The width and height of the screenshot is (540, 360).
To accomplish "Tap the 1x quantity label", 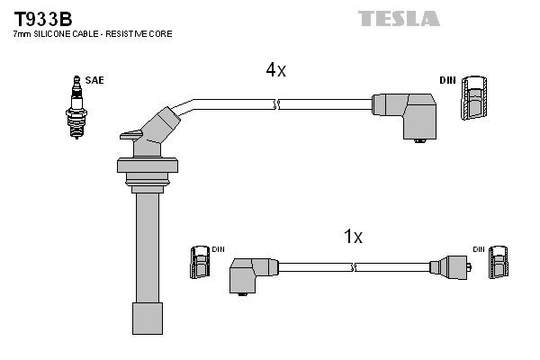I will coord(353,237).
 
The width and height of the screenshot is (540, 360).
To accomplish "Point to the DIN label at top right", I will coord(447,80).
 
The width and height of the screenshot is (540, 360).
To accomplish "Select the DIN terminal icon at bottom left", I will coord(200,265).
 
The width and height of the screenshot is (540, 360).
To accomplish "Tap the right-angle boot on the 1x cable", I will coord(253,272).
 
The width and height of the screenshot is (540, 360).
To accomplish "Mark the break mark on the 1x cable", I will coord(355,266).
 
